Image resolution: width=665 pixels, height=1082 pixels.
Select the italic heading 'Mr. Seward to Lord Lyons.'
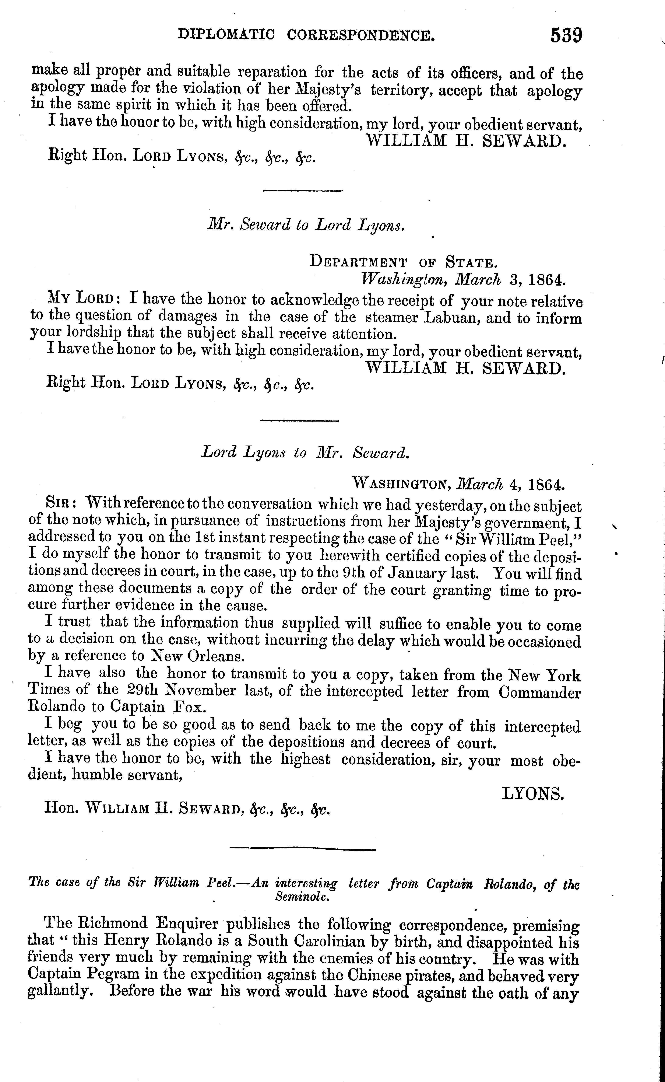pos(306,225)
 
